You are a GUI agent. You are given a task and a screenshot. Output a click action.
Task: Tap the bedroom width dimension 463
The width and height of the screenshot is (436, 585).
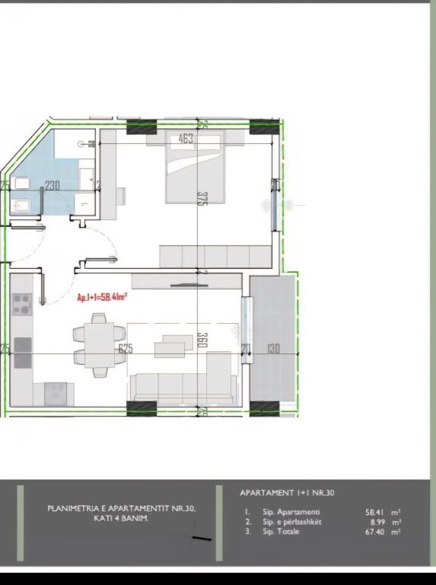[186, 139]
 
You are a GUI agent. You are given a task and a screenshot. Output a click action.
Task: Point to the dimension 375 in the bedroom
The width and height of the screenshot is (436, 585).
[202, 198]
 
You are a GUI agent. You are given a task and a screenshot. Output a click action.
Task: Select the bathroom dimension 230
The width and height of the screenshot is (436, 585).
[53, 185]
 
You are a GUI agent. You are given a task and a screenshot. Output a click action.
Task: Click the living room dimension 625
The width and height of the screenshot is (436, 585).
[126, 349]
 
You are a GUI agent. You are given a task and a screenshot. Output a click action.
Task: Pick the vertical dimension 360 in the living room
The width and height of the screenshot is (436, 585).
[202, 340]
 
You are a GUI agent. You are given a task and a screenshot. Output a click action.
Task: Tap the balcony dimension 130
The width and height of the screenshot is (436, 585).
[273, 349]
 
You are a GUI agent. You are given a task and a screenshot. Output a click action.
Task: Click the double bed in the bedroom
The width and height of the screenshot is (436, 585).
[195, 169]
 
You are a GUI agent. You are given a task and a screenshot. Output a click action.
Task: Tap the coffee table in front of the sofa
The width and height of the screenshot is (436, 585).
[170, 347]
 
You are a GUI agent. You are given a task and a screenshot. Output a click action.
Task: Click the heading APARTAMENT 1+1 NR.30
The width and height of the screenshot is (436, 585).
[287, 493]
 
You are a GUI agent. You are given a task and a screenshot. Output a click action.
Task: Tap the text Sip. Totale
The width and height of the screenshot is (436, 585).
[281, 532]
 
